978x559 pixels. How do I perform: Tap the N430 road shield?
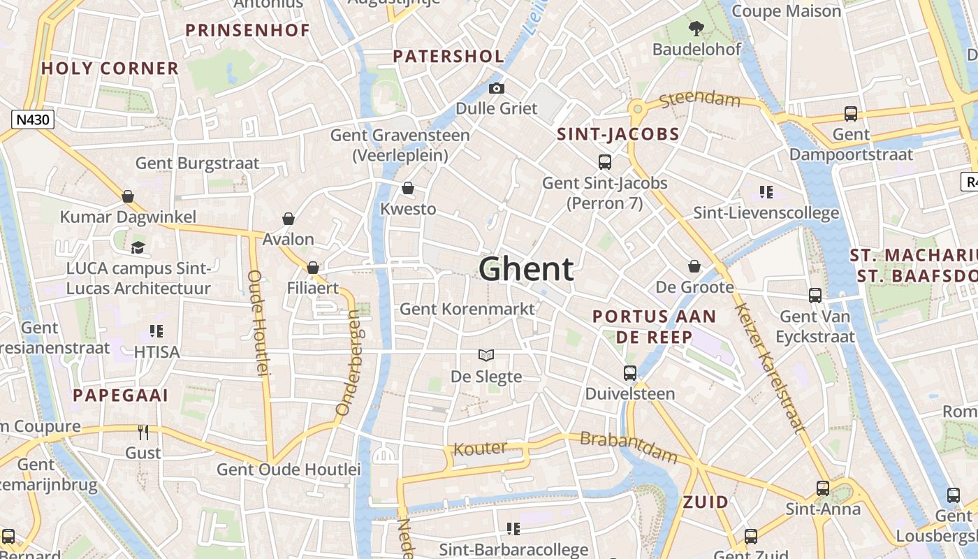[x=33, y=119]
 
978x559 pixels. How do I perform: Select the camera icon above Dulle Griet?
[x=497, y=88]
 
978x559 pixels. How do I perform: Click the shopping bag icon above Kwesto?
[x=408, y=189]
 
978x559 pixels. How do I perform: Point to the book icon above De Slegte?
[x=486, y=356]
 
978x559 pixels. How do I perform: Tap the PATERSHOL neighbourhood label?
[x=448, y=57]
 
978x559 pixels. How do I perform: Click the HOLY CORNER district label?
[x=110, y=68]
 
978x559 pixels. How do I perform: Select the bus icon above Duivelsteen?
[x=630, y=373]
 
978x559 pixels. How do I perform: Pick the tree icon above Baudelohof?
[x=696, y=29]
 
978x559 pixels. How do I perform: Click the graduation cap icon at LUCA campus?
[x=138, y=247]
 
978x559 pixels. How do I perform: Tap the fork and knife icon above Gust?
[x=143, y=433]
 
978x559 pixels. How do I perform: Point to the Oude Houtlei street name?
[x=258, y=323]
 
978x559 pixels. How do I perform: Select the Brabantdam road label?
[x=629, y=448]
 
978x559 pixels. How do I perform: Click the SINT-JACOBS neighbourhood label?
[x=618, y=134]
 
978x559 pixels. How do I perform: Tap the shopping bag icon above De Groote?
[x=694, y=266]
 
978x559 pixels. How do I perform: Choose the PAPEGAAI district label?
[x=121, y=395]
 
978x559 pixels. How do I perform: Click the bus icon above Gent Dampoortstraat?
[x=851, y=113]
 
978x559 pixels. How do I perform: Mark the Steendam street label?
[x=699, y=99]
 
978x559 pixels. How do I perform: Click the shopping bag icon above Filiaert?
[x=313, y=268]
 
